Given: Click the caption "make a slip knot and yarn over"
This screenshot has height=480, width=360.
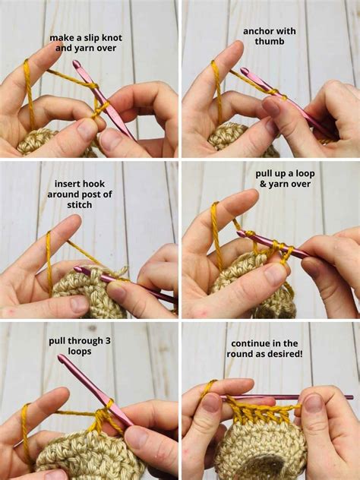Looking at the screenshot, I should [85, 43].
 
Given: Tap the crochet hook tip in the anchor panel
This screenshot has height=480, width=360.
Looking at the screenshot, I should [245, 71].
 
